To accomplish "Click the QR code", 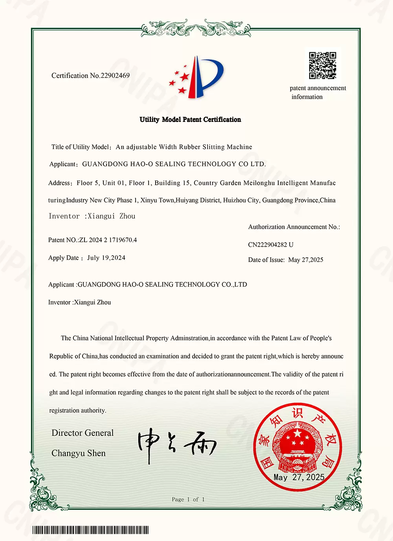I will click(x=322, y=66).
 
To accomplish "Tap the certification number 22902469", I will click(x=115, y=75).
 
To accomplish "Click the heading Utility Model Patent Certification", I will click(x=190, y=120).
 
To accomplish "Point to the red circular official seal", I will click(x=298, y=447).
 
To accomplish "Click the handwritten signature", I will click(x=176, y=444).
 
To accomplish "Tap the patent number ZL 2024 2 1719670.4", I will click(x=108, y=240).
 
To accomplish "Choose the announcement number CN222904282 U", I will click(x=271, y=245).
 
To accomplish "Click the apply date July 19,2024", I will click(x=106, y=258).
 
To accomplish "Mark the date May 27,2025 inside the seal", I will click(x=299, y=477).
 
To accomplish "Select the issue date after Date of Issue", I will click(x=306, y=260).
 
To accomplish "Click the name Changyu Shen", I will click(x=79, y=453).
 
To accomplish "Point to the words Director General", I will click(x=83, y=433).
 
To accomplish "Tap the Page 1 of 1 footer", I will click(x=188, y=499).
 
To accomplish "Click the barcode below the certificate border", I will click(x=90, y=530).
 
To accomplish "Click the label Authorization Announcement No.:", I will click(x=294, y=227).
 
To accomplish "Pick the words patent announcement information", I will click(x=318, y=92).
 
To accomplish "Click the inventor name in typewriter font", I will click(x=111, y=216).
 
